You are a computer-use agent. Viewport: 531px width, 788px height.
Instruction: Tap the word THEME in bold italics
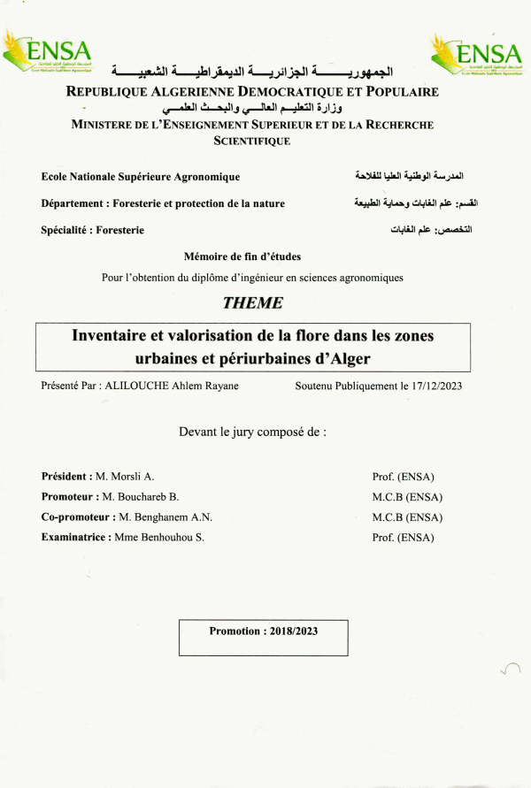point(253,302)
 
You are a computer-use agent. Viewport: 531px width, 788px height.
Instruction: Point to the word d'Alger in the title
point(341,358)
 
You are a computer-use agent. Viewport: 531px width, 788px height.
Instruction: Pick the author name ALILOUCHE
point(141,386)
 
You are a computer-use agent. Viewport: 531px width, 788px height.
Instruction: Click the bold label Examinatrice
point(75,537)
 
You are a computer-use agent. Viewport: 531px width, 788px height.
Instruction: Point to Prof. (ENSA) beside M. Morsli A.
point(404,477)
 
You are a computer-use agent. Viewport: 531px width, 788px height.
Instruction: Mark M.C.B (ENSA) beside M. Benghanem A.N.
point(408,517)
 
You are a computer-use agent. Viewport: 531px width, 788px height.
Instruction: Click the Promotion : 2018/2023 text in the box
point(264,631)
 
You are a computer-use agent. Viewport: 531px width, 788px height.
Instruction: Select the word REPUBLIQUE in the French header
point(112,92)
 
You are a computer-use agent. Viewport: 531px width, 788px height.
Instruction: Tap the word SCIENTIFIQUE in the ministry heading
point(252,141)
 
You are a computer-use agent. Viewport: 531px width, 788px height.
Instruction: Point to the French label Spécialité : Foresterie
point(93,230)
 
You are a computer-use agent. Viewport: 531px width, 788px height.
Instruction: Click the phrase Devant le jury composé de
point(253,432)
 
